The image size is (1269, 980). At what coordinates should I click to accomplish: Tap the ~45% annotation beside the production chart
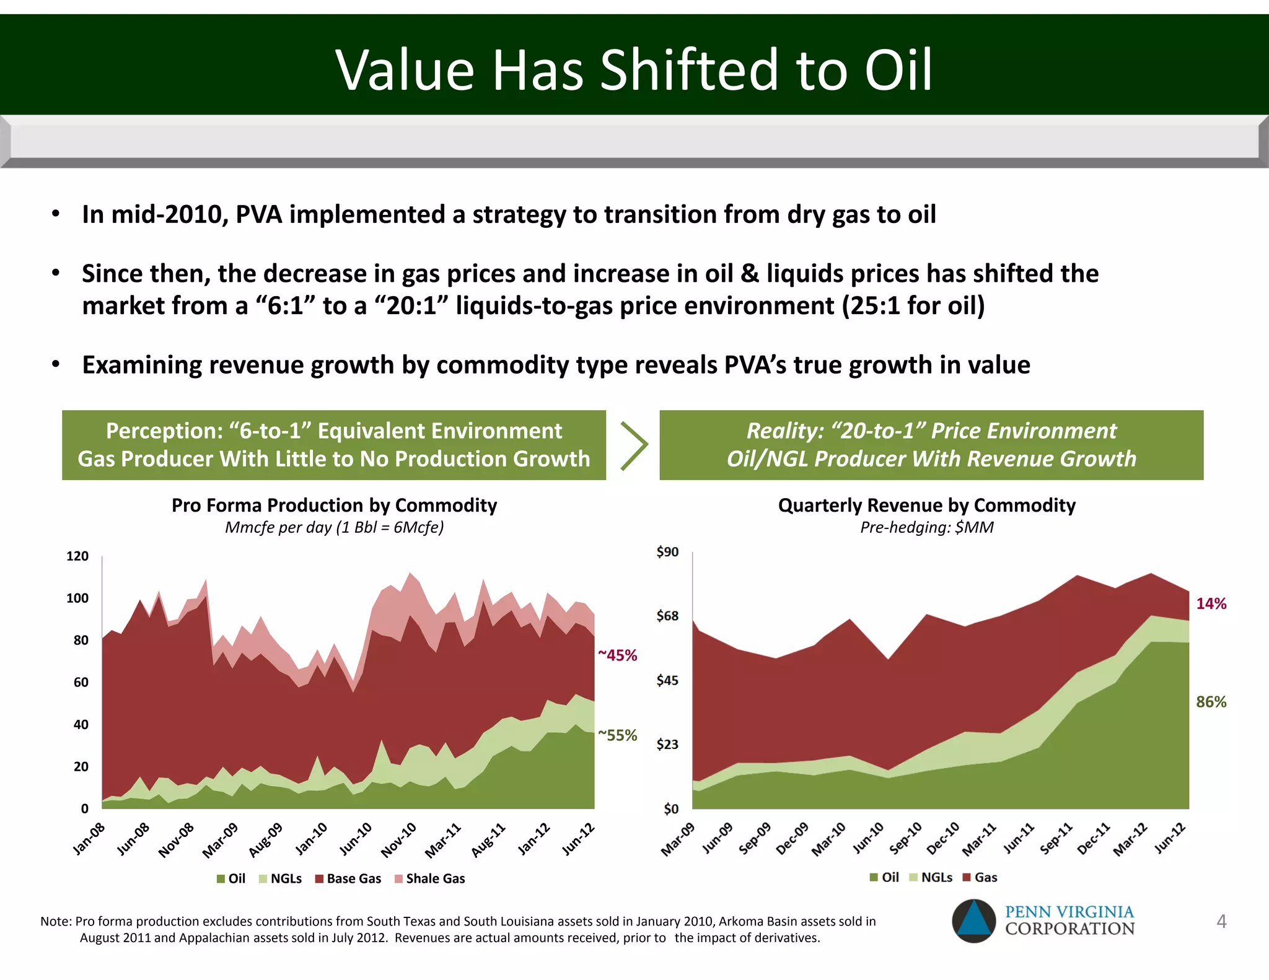617,655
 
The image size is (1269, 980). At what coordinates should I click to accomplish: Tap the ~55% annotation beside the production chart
617,735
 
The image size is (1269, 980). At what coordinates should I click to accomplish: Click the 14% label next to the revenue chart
1211,603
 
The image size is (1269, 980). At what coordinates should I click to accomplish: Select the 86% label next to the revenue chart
1211,702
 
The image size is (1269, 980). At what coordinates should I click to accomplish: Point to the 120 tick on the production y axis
77,556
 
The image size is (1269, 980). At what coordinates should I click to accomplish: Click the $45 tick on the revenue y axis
667,680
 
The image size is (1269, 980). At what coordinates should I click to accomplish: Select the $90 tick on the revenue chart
667,551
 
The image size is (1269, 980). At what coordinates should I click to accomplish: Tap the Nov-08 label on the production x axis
177,840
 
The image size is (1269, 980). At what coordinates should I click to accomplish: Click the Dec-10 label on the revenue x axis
944,838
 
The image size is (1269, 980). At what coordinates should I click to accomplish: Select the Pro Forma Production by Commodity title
334,505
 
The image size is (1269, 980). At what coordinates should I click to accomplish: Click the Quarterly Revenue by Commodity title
926,505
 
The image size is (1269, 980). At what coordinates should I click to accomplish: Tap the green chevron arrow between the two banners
633,445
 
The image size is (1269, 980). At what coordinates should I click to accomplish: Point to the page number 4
1221,921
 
